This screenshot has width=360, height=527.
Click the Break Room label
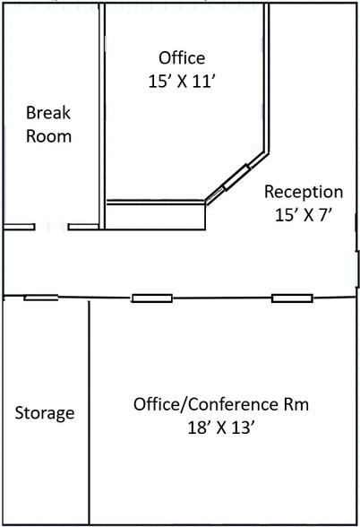(x=48, y=125)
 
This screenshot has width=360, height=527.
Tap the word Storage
(x=45, y=413)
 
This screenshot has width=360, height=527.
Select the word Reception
(x=304, y=192)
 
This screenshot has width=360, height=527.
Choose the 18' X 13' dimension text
(x=221, y=428)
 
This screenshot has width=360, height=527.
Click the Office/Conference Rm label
(x=221, y=404)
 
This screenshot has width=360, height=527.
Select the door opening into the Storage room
(x=41, y=298)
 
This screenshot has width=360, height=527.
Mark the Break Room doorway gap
(x=52, y=228)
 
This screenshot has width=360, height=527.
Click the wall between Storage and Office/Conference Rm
(x=89, y=412)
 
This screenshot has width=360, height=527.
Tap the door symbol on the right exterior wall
(x=356, y=264)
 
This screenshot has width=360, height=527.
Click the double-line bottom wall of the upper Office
(x=155, y=203)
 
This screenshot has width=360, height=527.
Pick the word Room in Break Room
(x=48, y=136)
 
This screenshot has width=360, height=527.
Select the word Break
(x=48, y=114)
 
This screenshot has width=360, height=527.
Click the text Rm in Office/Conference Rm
(x=297, y=404)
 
